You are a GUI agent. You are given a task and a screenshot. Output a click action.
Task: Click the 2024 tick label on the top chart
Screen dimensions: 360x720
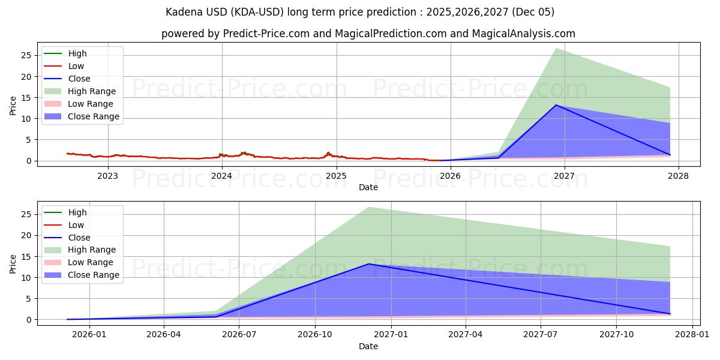222,176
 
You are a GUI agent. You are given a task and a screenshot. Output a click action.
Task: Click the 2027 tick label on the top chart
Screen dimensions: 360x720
564,176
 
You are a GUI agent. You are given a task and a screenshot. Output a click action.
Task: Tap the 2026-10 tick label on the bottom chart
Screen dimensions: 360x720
315,335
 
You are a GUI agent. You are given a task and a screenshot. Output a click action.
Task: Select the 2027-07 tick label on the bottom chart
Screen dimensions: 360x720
541,335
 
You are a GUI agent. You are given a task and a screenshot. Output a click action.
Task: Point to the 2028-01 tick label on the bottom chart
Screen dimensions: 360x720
692,335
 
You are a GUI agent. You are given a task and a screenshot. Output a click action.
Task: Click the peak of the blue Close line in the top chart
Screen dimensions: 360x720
556,105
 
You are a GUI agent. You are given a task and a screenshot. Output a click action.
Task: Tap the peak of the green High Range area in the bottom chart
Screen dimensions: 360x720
369,207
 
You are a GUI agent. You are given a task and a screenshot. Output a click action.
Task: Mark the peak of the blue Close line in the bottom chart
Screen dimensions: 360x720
369,264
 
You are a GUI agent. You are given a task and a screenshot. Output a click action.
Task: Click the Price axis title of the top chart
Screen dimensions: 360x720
13,105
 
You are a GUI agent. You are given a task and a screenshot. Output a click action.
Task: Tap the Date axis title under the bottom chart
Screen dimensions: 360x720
368,346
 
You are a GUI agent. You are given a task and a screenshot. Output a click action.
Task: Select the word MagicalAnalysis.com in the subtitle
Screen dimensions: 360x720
524,34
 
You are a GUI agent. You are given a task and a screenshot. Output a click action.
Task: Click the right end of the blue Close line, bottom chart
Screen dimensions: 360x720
670,314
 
